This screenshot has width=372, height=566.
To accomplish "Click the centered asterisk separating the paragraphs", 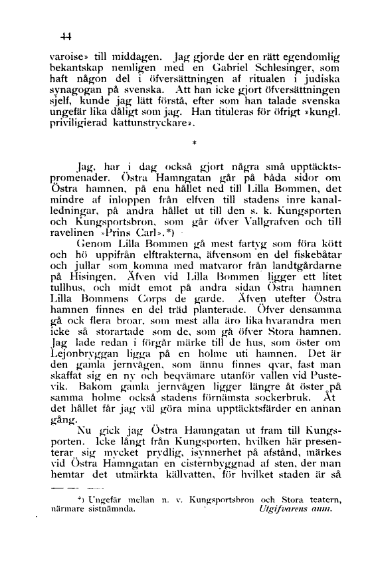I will pos(195,143).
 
